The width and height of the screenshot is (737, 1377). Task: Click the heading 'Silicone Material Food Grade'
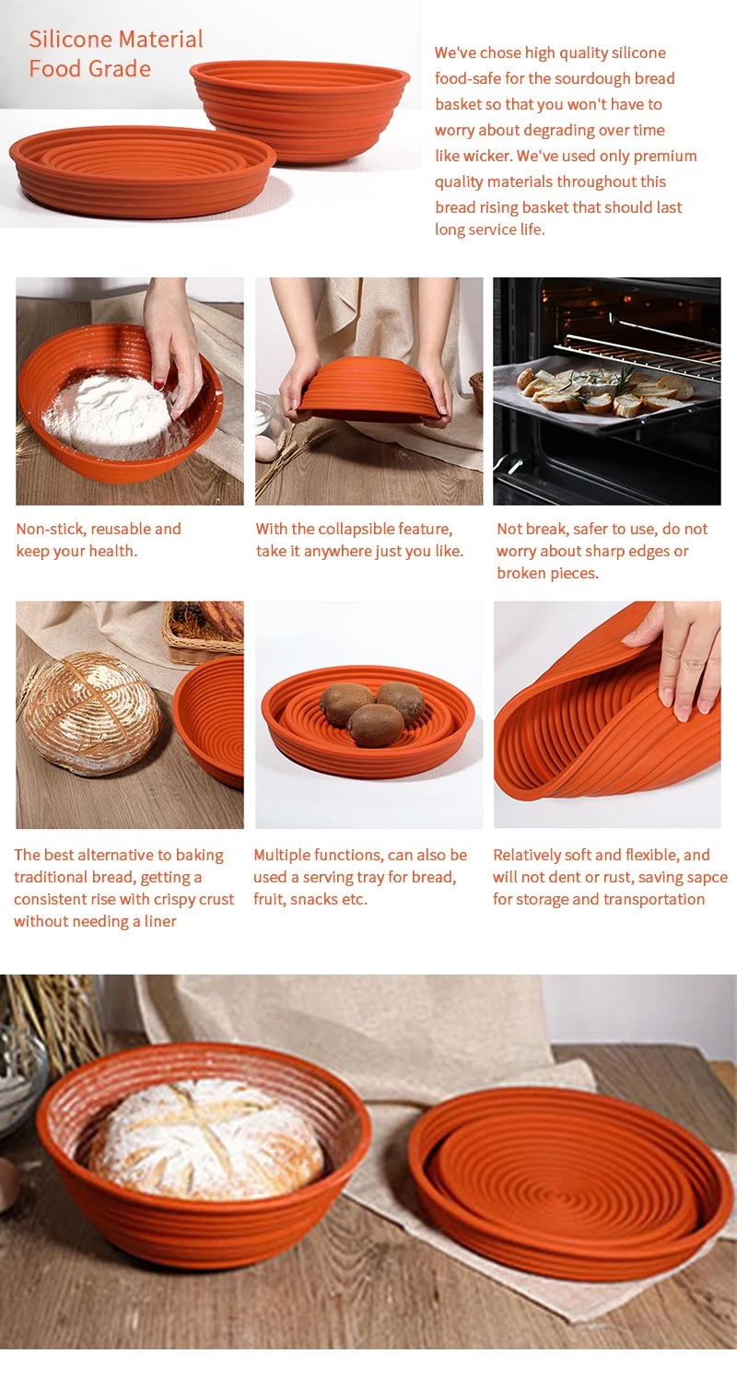pos(115,53)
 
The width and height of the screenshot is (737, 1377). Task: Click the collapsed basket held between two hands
pos(368,389)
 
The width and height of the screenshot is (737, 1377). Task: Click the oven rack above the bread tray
pos(636,343)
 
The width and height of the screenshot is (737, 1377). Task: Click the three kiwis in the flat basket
pos(373,711)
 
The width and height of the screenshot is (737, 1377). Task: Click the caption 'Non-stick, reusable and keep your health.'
pos(99,540)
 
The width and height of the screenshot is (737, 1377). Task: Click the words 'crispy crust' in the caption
pos(191,899)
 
